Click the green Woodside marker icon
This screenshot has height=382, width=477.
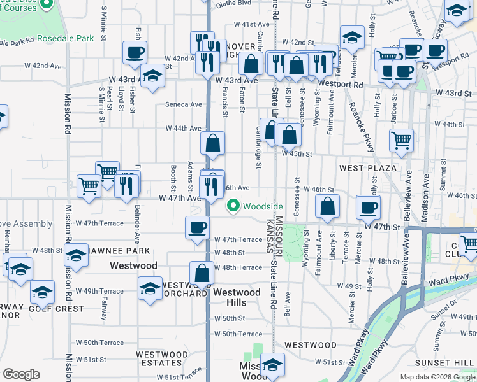coord(233,206)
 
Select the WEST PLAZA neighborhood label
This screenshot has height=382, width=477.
coord(368,168)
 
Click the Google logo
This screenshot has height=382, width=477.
coord(21,374)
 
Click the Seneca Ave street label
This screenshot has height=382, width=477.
coord(184,104)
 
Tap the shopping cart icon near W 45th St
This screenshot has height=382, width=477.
coord(401,140)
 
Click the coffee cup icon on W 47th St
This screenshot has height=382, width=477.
coord(368,207)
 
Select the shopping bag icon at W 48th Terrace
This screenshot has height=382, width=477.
coord(202,272)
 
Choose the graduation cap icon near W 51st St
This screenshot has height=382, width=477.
coord(272,365)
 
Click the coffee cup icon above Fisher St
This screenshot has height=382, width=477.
coord(135,53)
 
